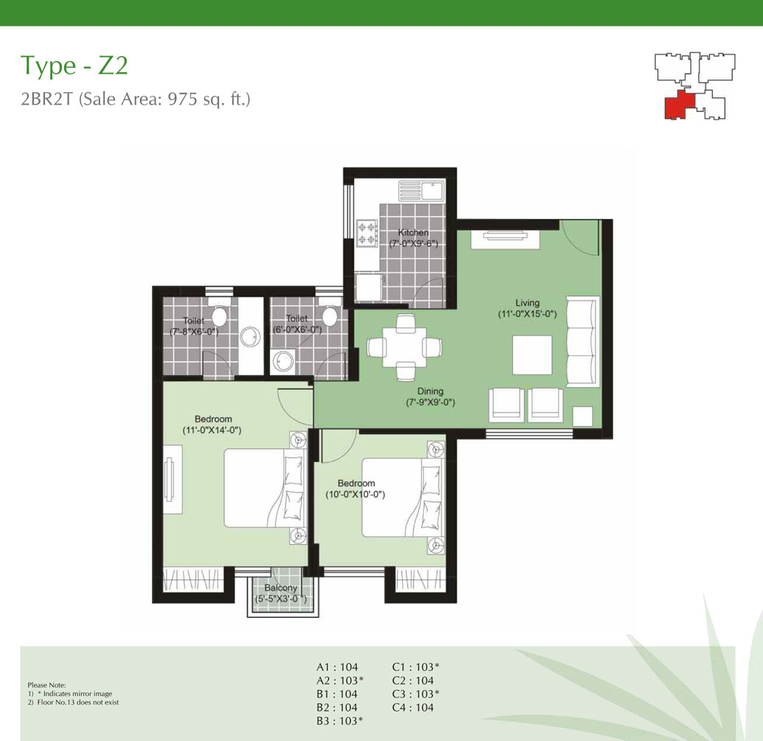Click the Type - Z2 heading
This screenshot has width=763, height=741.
pyautogui.click(x=74, y=66)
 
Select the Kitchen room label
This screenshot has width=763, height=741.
pyautogui.click(x=413, y=232)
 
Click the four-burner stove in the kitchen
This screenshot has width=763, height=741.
pyautogui.click(x=367, y=232)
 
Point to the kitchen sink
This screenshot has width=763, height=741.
pyautogui.click(x=422, y=191)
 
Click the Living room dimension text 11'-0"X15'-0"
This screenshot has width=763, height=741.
pyautogui.click(x=527, y=314)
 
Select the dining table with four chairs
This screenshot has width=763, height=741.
pyautogui.click(x=405, y=347)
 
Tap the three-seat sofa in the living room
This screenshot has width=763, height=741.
pyautogui.click(x=583, y=341)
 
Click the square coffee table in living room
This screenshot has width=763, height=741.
pyautogui.click(x=532, y=355)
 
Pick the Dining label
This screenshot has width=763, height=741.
pyautogui.click(x=431, y=392)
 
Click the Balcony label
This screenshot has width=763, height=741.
pyautogui.click(x=281, y=588)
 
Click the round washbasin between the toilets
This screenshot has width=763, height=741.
pyautogui.click(x=250, y=337)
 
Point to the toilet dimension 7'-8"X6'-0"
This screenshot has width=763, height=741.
pyautogui.click(x=194, y=332)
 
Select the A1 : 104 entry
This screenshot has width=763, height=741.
pyautogui.click(x=337, y=667)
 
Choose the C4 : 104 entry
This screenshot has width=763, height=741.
pyautogui.click(x=413, y=707)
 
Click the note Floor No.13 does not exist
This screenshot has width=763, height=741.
pyautogui.click(x=78, y=702)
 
